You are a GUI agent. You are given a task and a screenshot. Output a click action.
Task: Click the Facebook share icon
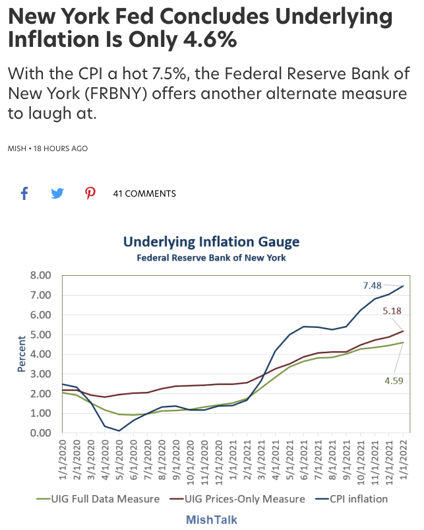click(24, 193)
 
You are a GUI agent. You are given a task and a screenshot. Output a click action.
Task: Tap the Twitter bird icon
click(57, 193)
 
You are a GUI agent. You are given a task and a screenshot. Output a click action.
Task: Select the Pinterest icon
click(90, 193)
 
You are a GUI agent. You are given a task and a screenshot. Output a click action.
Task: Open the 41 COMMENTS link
click(144, 193)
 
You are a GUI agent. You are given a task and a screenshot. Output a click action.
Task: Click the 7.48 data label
click(373, 285)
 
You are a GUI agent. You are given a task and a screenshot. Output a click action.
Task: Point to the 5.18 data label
click(392, 309)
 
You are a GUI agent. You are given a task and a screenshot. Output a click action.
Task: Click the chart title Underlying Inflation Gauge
click(211, 242)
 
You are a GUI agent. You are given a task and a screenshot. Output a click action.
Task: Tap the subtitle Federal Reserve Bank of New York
click(211, 257)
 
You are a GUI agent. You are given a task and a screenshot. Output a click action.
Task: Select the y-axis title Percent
click(21, 354)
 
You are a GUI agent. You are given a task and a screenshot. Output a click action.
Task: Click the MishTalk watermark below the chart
click(211, 519)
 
